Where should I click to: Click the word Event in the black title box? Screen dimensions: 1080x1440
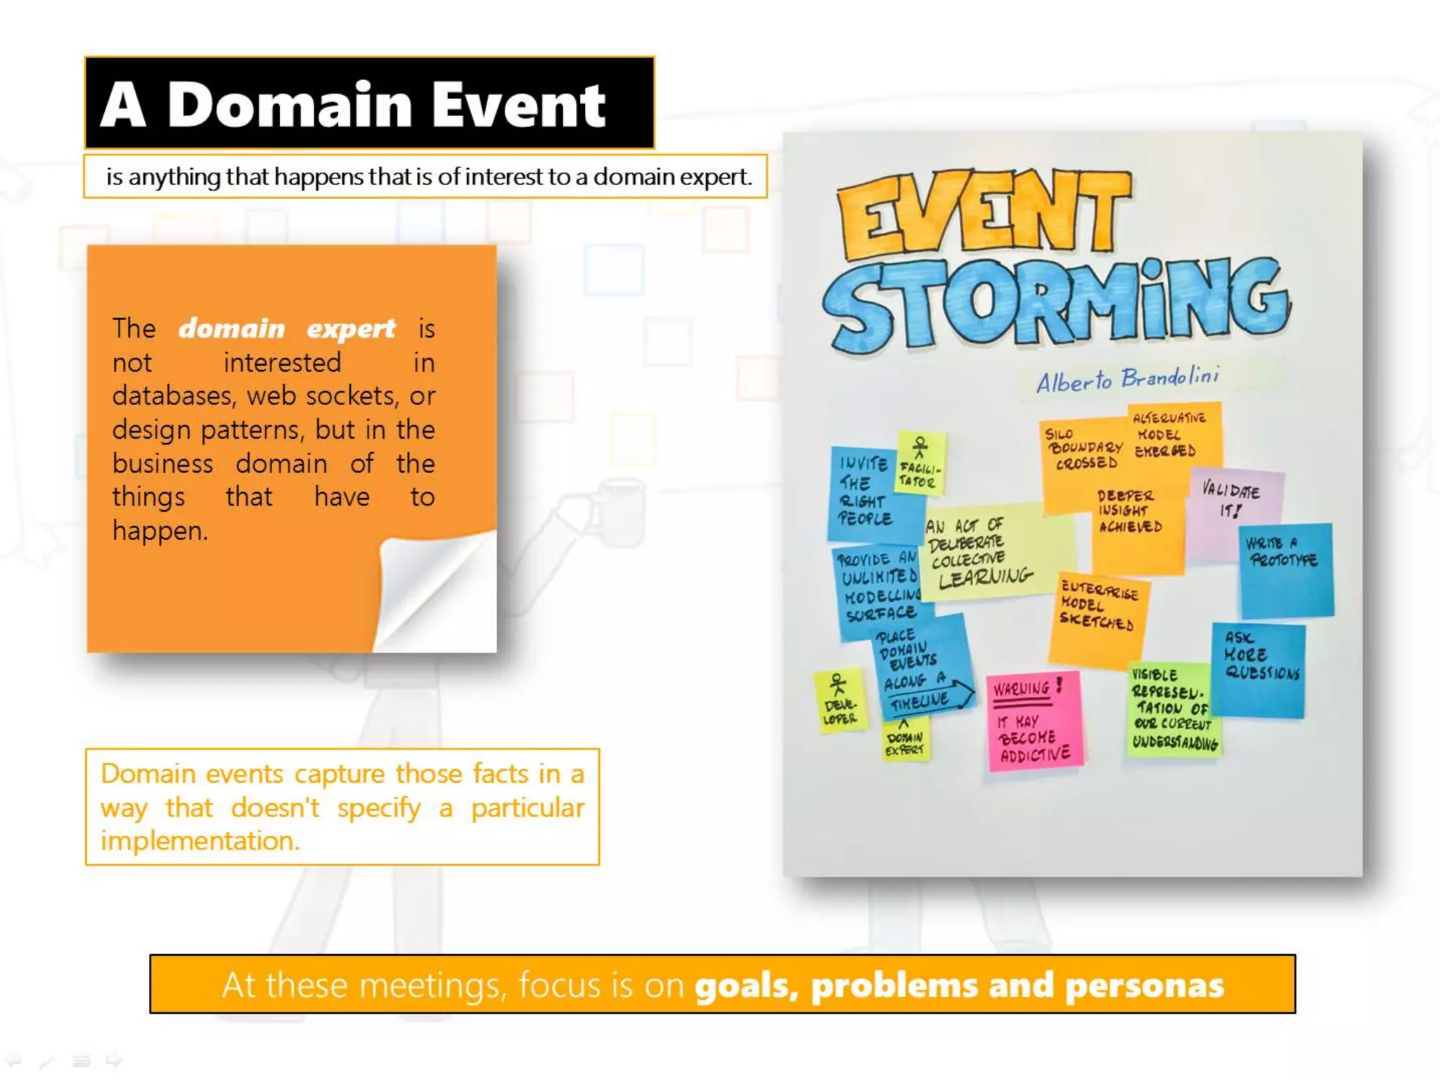(x=518, y=105)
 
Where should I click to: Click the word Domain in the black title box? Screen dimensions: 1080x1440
(x=290, y=105)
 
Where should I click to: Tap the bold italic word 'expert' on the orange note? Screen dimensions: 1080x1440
(x=351, y=328)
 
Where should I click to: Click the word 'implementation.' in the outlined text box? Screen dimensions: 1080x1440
(x=200, y=841)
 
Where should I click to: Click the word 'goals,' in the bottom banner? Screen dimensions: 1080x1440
(x=747, y=985)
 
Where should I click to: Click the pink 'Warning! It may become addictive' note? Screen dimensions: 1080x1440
(x=1034, y=722)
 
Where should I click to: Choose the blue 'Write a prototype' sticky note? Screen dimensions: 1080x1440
(x=1286, y=570)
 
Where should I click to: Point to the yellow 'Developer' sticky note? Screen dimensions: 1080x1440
(x=840, y=700)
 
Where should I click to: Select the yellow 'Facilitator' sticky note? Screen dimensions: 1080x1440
(x=920, y=464)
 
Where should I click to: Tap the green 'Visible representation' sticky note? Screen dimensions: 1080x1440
(x=1173, y=710)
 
